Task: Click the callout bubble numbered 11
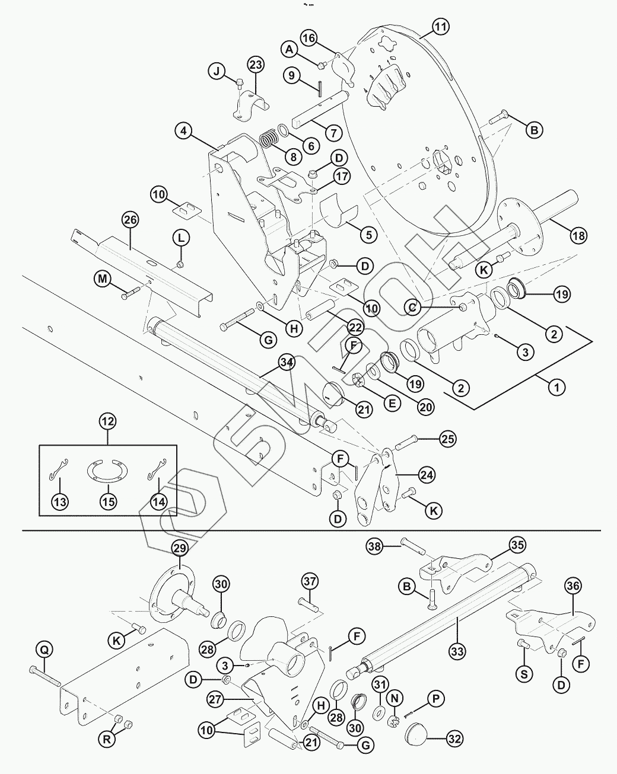(x=440, y=27)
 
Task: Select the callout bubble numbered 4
(x=185, y=131)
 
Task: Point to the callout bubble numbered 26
(x=130, y=220)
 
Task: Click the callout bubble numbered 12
(x=108, y=423)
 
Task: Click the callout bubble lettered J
(x=217, y=72)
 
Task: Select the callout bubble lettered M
(x=104, y=278)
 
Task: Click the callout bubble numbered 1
(x=556, y=388)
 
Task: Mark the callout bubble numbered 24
(x=426, y=474)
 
